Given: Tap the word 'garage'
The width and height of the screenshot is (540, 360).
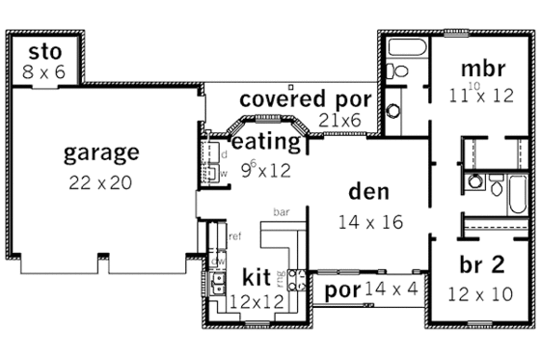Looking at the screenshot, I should [x=101, y=152].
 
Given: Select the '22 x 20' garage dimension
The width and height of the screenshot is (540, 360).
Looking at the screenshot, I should [x=101, y=182].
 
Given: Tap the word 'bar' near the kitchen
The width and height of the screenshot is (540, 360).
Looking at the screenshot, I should [x=282, y=210].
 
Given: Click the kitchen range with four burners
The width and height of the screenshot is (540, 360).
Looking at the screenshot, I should [x=296, y=281].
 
